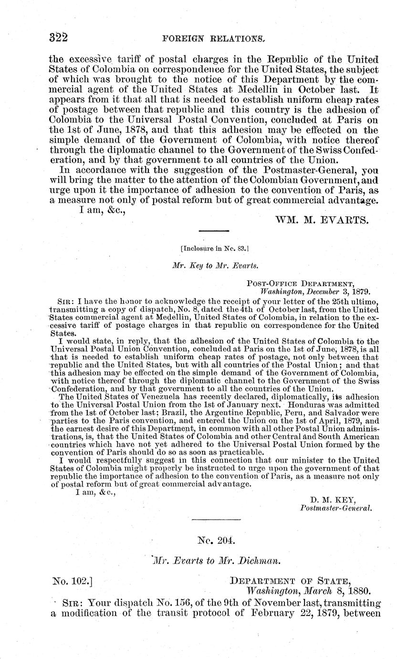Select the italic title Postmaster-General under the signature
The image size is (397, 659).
click(x=335, y=508)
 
